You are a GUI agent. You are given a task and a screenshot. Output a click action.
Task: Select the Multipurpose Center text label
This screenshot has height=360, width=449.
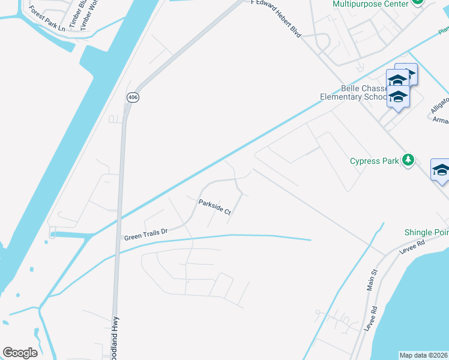(x=367, y=4)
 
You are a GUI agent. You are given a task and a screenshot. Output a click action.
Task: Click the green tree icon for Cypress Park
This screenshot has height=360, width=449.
(x=408, y=160)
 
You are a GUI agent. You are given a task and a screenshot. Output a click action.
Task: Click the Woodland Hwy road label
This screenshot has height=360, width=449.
(x=115, y=339)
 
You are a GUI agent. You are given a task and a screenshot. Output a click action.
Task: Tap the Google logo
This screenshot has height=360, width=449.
(x=20, y=353)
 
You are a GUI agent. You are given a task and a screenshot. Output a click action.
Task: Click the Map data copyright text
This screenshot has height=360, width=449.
(x=424, y=355)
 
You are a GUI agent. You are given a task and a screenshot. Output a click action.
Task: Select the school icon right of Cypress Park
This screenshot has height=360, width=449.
(x=441, y=171)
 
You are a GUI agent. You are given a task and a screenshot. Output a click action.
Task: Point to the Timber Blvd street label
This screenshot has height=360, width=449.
(x=73, y=15)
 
